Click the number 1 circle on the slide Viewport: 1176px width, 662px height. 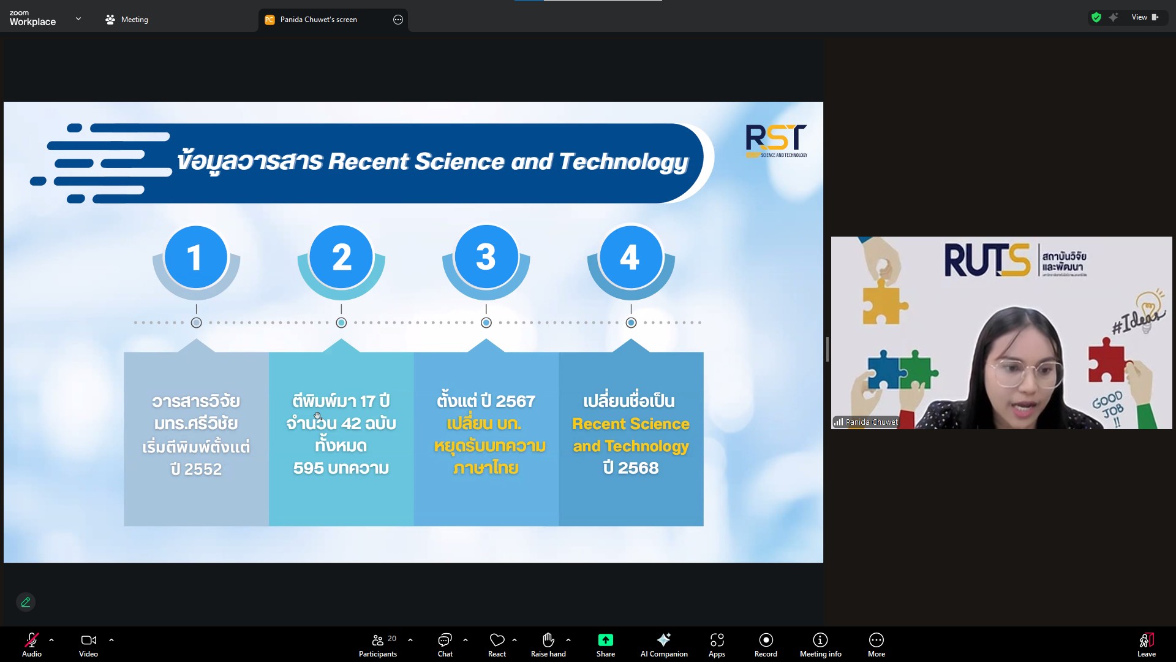pyautogui.click(x=196, y=257)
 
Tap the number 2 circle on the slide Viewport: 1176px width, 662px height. pyautogui.click(x=341, y=257)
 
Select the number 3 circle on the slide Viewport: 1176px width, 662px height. pyautogui.click(x=486, y=257)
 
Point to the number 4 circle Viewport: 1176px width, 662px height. pyautogui.click(x=631, y=257)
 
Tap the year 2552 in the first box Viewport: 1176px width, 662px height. pyautogui.click(x=203, y=469)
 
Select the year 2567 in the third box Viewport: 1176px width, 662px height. pyautogui.click(x=515, y=401)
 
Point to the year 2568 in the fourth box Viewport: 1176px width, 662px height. pyautogui.click(x=638, y=468)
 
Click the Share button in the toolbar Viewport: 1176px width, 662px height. pyautogui.click(x=605, y=645)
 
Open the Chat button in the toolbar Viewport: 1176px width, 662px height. pyautogui.click(x=445, y=645)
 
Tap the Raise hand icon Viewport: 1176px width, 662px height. pyautogui.click(x=548, y=640)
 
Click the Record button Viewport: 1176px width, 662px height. pyautogui.click(x=766, y=645)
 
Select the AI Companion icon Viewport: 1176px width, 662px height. pyautogui.click(x=663, y=640)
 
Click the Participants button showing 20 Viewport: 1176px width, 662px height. pyautogui.click(x=378, y=645)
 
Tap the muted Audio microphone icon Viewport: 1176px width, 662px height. pyautogui.click(x=31, y=640)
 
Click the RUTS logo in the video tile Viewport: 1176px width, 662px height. pyautogui.click(x=987, y=260)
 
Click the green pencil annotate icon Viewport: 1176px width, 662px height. pyautogui.click(x=26, y=602)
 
